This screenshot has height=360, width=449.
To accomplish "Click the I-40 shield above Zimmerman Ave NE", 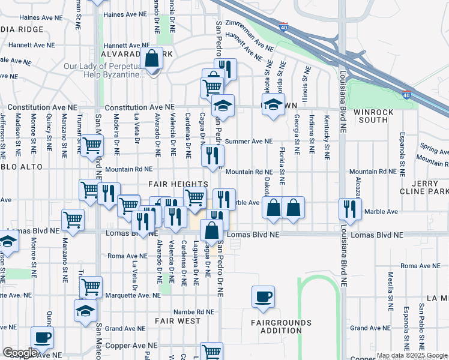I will coord(283,27).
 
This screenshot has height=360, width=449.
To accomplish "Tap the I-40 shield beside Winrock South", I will coord(406,94).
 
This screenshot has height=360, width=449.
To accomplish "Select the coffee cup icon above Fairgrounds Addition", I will coord(264,296).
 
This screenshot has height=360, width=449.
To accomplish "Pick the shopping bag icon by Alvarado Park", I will coord(152,59).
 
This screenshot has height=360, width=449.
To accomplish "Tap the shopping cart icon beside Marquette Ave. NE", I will coord(91,287).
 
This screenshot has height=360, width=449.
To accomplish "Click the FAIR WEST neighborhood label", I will coord(178,321).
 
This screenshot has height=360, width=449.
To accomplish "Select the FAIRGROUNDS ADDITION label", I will coord(281,326).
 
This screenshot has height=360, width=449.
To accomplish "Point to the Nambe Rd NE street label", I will coord(194,311).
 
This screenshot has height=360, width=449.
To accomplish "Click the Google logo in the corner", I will coord(20,353).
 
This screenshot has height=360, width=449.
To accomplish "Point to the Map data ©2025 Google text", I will coord(411,355).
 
